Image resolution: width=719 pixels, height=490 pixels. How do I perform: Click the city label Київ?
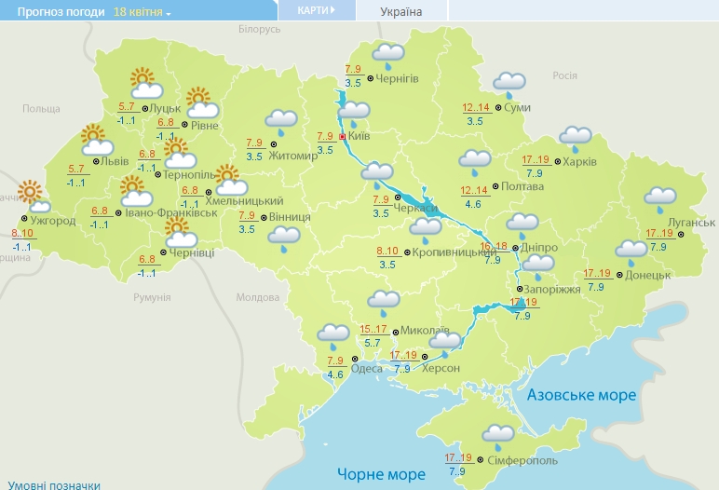point(359,137)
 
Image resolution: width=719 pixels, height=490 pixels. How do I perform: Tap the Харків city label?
point(578,161)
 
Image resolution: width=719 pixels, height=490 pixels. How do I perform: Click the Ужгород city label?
point(53,221)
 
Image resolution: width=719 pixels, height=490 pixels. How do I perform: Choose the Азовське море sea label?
point(581,395)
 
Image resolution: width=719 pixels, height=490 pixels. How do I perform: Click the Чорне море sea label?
point(380,474)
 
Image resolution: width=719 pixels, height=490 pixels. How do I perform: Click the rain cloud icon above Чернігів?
point(388,57)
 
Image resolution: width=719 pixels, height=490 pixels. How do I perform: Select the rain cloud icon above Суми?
point(509,85)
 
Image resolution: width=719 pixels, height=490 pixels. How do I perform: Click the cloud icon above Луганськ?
point(660,198)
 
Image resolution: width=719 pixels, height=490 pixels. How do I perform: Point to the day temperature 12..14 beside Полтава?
point(475,191)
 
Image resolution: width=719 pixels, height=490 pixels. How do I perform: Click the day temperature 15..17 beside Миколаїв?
point(373,330)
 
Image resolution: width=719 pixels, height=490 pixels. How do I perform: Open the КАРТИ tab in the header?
point(318,9)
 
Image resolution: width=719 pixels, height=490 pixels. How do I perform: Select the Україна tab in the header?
point(401,12)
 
